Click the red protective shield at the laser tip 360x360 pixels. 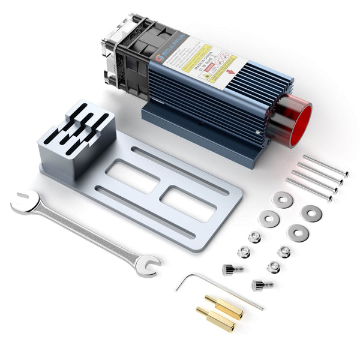[x=298, y=124]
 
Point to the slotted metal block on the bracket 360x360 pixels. [x=77, y=137]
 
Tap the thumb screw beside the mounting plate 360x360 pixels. [x=232, y=269]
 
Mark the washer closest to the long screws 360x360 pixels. [x=282, y=199]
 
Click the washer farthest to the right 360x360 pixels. [x=311, y=212]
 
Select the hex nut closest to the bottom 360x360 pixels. [x=273, y=267]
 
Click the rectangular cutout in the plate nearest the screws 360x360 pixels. [x=189, y=204]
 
